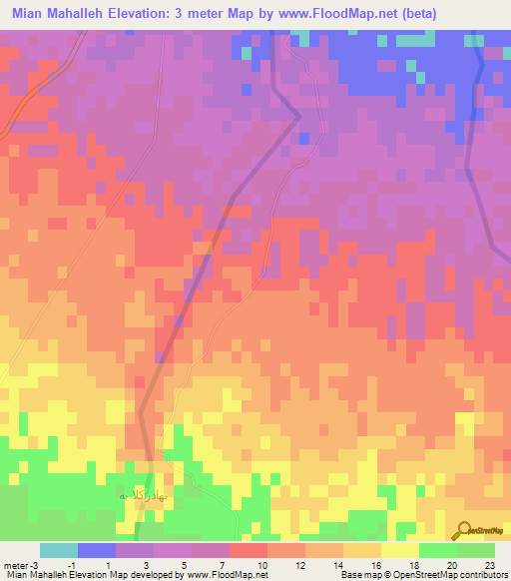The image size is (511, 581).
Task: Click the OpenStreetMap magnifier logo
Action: pyautogui.click(x=465, y=529)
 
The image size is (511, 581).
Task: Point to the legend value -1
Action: pyautogui.click(x=72, y=564)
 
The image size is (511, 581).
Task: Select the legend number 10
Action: pyautogui.click(x=260, y=564)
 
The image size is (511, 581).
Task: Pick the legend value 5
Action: pyautogui.click(x=185, y=564)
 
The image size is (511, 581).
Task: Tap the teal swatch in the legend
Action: pyautogui.click(x=59, y=550)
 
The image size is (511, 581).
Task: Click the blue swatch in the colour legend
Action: pyautogui.click(x=97, y=550)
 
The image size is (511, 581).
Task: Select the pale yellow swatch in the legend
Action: pyautogui.click(x=400, y=550)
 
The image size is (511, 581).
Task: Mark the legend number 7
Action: pyautogui.click(x=223, y=564)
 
